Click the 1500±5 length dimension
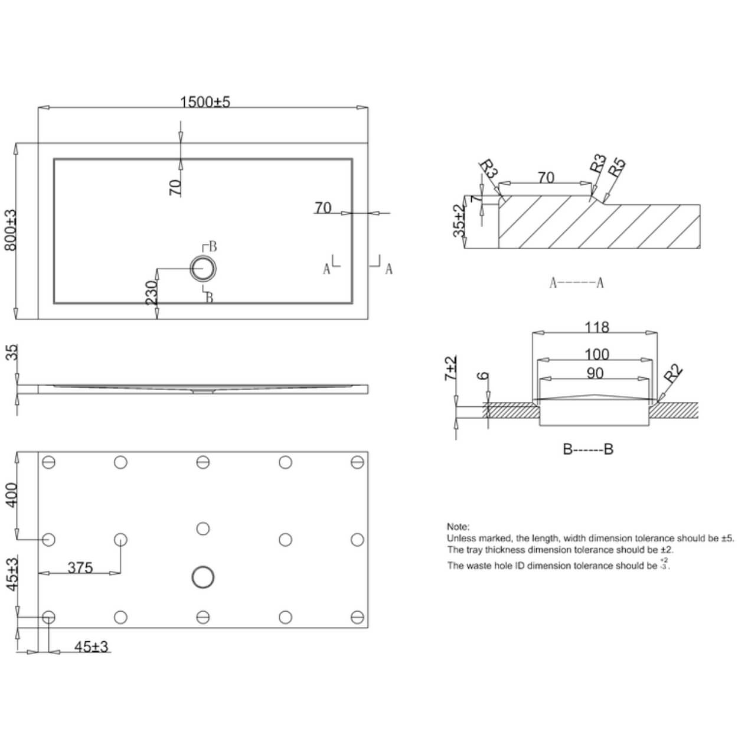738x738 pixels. (204, 102)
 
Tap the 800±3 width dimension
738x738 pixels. (10, 230)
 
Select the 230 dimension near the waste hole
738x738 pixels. (152, 293)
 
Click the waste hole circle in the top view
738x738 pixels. (203, 269)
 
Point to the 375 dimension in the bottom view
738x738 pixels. (80, 567)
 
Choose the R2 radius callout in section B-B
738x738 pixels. (673, 374)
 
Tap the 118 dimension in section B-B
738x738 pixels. (596, 327)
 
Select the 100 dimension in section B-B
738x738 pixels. (596, 354)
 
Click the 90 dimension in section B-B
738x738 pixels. (595, 373)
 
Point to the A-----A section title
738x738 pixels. (576, 283)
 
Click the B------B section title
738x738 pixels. (587, 449)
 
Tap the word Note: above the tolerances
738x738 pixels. (458, 526)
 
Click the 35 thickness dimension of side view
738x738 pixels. (12, 352)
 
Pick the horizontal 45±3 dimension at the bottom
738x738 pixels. (92, 646)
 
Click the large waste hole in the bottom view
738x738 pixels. (203, 577)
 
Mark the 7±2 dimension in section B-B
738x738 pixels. (452, 368)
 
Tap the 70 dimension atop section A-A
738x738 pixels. (546, 177)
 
